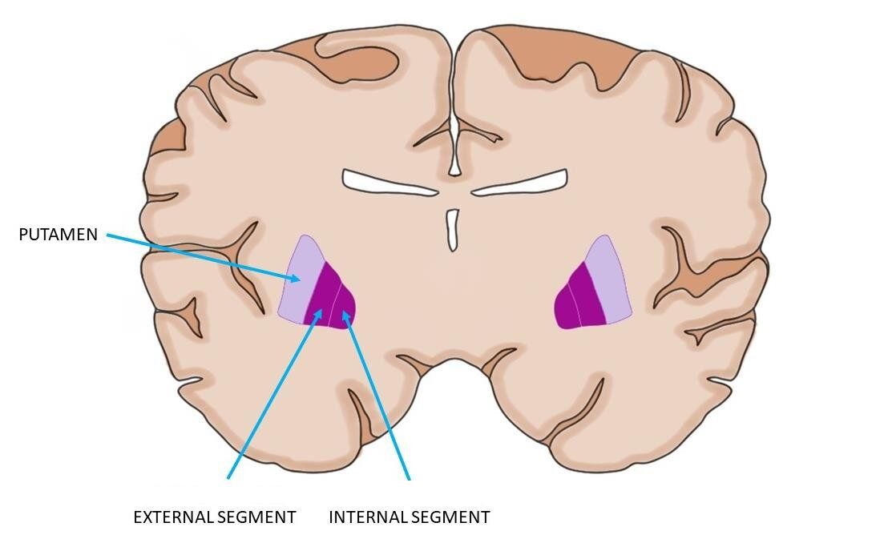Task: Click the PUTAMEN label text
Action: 58,235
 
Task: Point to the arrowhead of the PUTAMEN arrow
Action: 299,280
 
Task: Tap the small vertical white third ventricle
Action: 453,230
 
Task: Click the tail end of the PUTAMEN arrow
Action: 107,235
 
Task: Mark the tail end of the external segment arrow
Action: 228,478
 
